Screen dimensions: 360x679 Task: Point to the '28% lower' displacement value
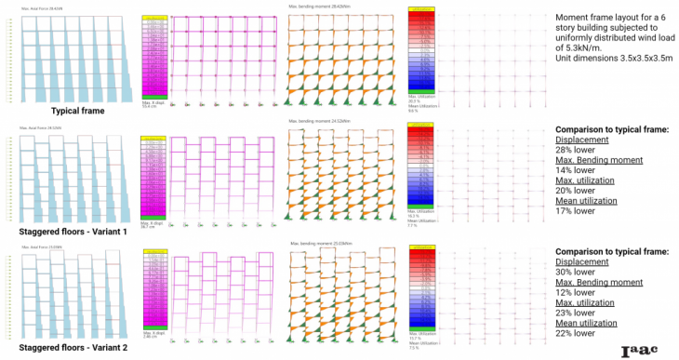point(578,154)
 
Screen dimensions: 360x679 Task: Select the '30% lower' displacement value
point(578,273)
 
